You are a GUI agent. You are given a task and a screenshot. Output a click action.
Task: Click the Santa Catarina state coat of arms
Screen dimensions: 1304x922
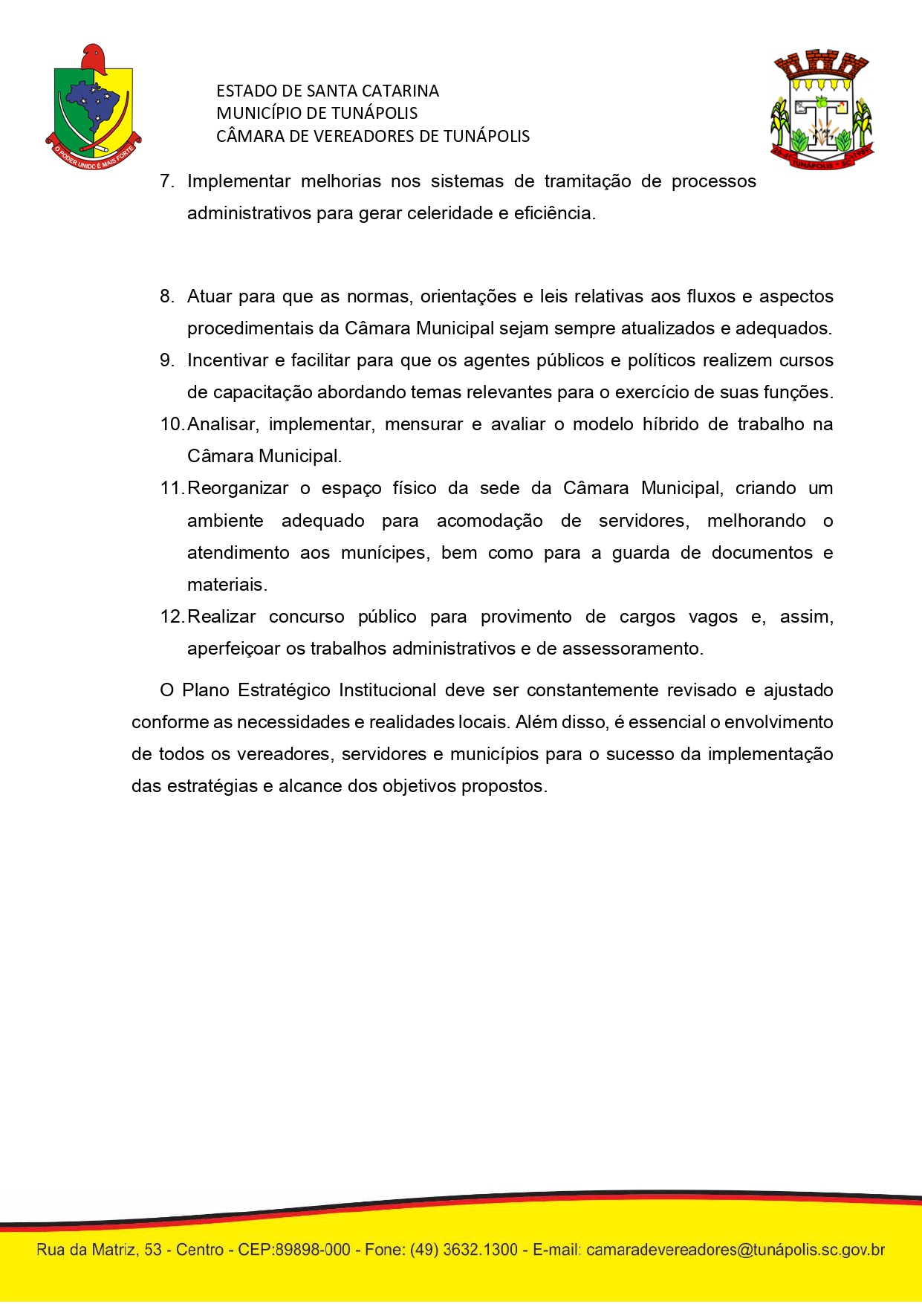coord(94,107)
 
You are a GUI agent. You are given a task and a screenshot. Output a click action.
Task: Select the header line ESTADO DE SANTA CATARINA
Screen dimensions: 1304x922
coord(328,91)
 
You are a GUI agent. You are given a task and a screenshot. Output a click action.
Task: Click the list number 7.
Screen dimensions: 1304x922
coord(166,181)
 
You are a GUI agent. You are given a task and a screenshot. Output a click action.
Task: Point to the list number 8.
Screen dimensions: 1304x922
coord(166,296)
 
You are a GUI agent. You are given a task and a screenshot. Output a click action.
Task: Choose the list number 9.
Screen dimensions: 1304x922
coord(166,360)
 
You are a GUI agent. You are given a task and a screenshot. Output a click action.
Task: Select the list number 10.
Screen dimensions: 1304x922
coord(171,424)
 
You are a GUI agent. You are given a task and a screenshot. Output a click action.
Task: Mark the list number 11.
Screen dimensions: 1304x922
coord(171,488)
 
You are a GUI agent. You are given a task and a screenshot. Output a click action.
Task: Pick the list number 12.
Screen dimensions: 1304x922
coord(171,617)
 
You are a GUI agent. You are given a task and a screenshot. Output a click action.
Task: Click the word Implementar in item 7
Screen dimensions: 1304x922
coord(238,181)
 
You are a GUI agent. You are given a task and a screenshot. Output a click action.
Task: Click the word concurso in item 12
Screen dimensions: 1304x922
coord(306,617)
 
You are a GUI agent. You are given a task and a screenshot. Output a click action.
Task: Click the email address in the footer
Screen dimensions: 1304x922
coord(736,1250)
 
